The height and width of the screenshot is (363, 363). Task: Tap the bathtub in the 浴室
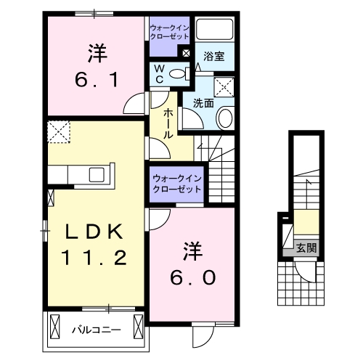(215, 31)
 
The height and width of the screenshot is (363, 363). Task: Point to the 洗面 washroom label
(203, 104)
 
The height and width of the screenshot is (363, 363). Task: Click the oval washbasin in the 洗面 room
(225, 118)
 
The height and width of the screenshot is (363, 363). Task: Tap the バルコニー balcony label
(96, 330)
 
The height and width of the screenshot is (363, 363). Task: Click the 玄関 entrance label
(306, 248)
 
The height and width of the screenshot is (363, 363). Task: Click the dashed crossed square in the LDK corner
(57, 132)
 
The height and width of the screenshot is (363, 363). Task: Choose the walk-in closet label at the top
(169, 31)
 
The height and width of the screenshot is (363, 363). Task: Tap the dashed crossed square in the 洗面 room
(225, 87)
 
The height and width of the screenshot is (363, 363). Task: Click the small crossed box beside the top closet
(187, 53)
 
